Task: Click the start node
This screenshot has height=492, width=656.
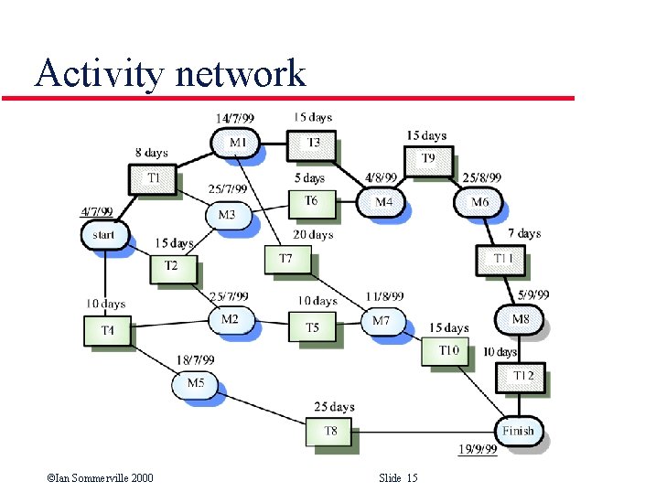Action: click(x=104, y=235)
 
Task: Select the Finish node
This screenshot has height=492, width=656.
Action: click(x=518, y=431)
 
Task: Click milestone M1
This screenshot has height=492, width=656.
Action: click(x=235, y=143)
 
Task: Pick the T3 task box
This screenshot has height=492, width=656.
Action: click(x=312, y=143)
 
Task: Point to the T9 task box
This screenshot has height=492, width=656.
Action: click(x=427, y=158)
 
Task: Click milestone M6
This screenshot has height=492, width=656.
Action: click(x=479, y=202)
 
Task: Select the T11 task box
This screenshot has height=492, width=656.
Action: click(x=500, y=259)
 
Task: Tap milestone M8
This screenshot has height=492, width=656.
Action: click(x=519, y=319)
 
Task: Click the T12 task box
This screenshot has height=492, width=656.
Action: click(x=522, y=376)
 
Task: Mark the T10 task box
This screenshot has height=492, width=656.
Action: click(x=446, y=350)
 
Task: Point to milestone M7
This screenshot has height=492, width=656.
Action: click(x=381, y=321)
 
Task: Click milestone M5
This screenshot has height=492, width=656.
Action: click(x=195, y=384)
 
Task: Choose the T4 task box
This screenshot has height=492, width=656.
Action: click(x=108, y=329)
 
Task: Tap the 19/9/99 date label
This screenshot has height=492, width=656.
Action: click(x=477, y=449)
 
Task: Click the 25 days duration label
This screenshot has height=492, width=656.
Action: click(x=334, y=407)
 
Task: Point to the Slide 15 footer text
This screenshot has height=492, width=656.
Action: click(x=398, y=478)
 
